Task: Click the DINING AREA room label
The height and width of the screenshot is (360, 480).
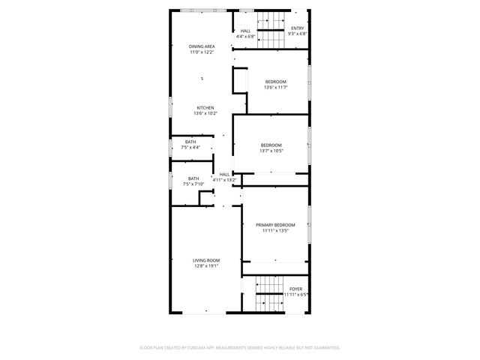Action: click(x=202, y=46)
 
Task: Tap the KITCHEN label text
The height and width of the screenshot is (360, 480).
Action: click(x=205, y=107)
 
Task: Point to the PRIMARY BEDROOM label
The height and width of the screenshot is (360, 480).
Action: click(x=275, y=225)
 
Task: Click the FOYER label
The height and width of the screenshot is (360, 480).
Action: click(x=296, y=289)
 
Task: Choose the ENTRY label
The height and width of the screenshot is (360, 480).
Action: click(x=298, y=28)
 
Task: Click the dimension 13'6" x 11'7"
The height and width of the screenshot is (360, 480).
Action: click(x=276, y=88)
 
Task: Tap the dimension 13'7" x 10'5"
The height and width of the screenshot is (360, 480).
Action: click(x=271, y=151)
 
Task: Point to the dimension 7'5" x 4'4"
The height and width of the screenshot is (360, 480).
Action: click(x=191, y=148)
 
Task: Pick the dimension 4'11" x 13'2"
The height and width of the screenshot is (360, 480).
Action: click(x=224, y=180)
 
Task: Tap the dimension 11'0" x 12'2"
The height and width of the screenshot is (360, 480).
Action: click(x=202, y=52)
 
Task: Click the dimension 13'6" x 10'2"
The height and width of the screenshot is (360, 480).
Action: click(x=205, y=113)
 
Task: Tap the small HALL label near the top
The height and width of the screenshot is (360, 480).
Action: click(x=246, y=31)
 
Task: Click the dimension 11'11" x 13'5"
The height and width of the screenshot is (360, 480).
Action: click(x=275, y=231)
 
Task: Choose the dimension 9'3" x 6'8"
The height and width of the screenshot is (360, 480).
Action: click(x=298, y=34)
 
